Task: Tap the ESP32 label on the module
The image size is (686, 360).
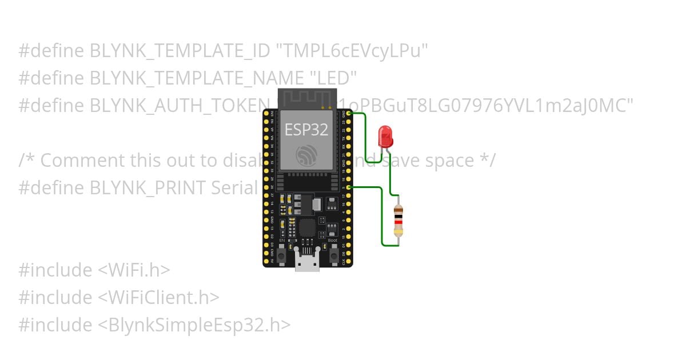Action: pos(306,129)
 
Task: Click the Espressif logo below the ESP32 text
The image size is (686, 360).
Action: pos(307,154)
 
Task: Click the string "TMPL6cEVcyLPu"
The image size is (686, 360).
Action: pos(352,51)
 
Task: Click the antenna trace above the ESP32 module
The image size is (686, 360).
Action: pos(307,98)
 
